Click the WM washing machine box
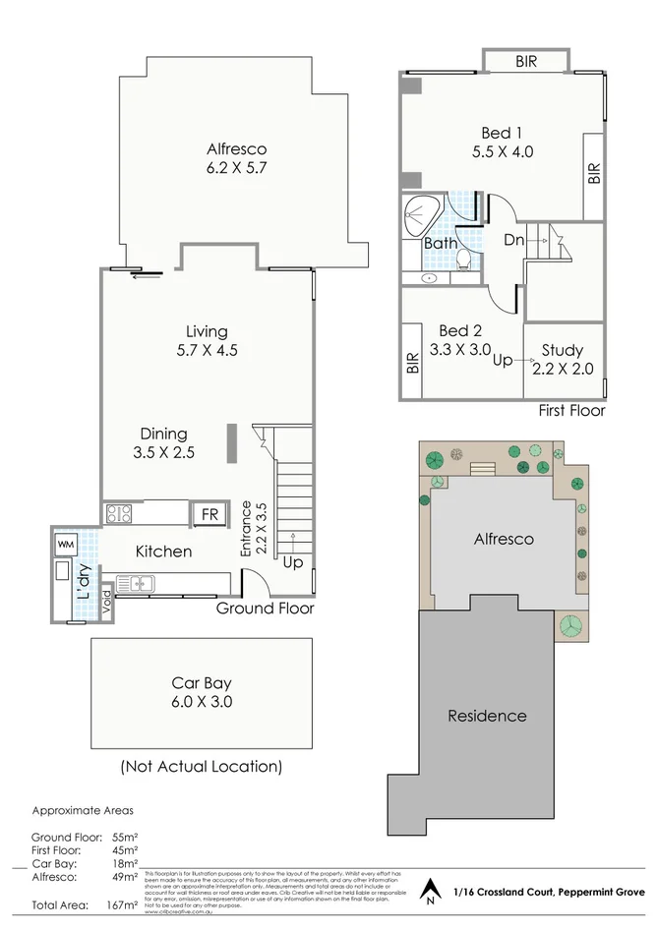(66, 544)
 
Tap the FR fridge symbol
(209, 514)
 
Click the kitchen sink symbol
(136, 584)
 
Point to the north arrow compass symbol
(429, 893)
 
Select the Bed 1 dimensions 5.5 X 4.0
(502, 152)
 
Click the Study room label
(563, 350)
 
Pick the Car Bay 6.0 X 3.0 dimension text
(201, 703)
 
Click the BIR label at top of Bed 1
(526, 62)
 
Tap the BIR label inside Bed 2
(412, 365)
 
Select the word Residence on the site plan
(487, 716)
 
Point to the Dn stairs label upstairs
(513, 239)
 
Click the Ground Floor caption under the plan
(266, 609)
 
